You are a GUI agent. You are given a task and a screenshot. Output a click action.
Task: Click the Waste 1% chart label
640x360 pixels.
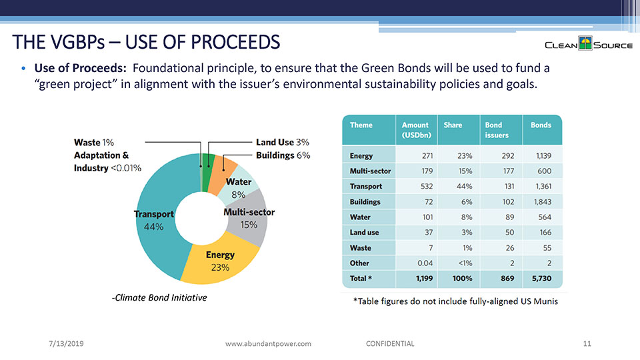94,142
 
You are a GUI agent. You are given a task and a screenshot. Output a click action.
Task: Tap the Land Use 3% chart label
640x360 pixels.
283,142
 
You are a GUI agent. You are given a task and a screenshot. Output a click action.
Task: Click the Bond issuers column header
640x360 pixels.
497,130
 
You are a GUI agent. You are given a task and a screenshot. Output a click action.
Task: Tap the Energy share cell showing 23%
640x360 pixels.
464,155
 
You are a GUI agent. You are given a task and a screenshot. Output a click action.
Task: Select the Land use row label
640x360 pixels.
364,232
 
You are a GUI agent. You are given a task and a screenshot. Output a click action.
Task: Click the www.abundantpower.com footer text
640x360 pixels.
269,343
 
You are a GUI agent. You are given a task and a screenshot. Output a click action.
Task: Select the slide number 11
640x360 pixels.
587,343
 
